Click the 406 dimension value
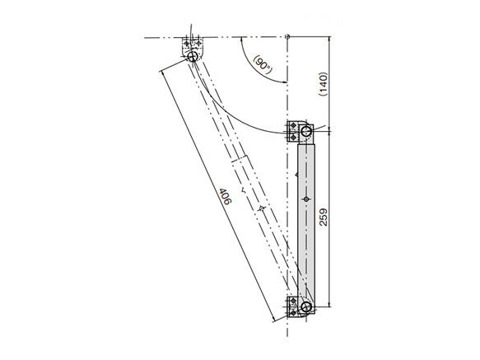pyautogui.click(x=225, y=197)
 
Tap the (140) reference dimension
pyautogui.click(x=324, y=82)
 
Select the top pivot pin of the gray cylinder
pyautogui.click(x=305, y=131)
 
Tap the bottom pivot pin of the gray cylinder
pyautogui.click(x=305, y=307)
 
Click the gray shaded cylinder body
pyautogui.click(x=305, y=218)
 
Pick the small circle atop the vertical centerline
pyautogui.click(x=287, y=35)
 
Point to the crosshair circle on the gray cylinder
pyautogui.click(x=305, y=199)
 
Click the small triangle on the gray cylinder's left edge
pyautogui.click(x=296, y=174)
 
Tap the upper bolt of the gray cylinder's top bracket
pyautogui.click(x=293, y=126)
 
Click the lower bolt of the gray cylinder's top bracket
pyautogui.click(x=293, y=137)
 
